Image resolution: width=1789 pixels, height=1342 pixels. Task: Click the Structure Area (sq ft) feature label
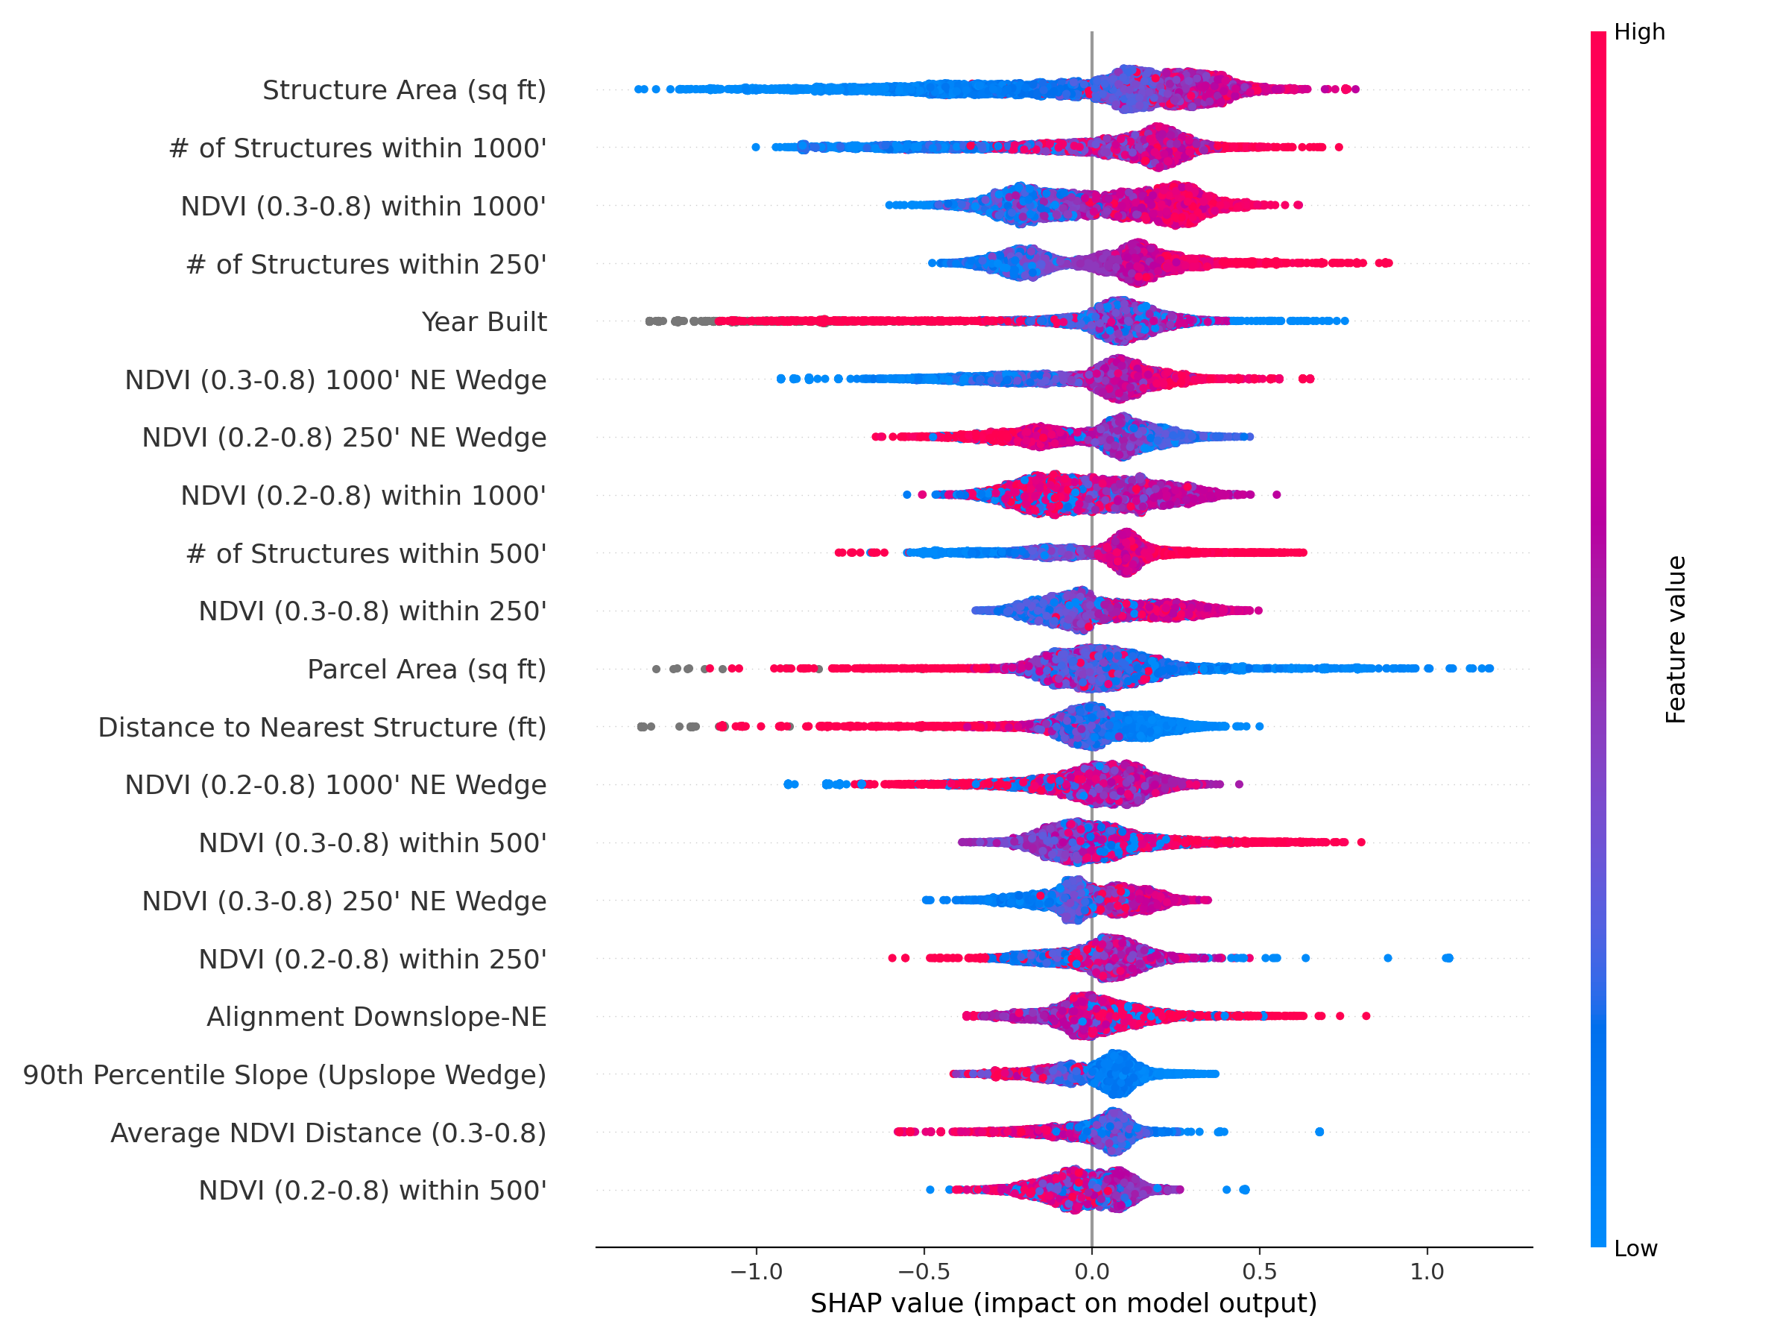tap(403, 89)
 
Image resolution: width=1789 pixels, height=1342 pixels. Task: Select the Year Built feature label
tap(484, 322)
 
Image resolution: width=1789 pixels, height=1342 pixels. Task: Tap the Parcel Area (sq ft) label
tap(426, 670)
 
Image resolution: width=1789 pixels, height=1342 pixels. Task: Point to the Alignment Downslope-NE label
tap(376, 1017)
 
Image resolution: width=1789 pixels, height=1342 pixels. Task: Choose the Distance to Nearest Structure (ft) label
tap(322, 727)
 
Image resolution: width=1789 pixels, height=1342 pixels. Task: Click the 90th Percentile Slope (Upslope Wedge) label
tap(285, 1075)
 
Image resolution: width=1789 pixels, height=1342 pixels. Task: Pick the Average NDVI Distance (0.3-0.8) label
tap(329, 1133)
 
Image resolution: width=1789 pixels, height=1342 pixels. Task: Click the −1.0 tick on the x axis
tap(756, 1273)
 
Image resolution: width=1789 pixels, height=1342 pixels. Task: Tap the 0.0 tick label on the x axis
tap(1092, 1273)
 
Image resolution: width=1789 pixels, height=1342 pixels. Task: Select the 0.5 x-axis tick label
tap(1259, 1273)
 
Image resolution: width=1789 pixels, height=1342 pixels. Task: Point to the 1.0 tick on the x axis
tap(1427, 1273)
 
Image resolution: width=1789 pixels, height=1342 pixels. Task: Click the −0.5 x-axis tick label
tap(924, 1273)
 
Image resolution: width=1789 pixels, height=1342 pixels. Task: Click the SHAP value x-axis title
tap(1064, 1304)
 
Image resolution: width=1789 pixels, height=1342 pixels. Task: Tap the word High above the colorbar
tap(1638, 32)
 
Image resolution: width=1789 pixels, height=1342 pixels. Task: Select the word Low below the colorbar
tap(1635, 1249)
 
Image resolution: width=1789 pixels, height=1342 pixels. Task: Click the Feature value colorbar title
tap(1676, 639)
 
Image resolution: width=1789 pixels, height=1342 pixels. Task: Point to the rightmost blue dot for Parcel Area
tap(1489, 669)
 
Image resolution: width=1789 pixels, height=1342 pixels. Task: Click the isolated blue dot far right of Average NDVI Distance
tap(1319, 1132)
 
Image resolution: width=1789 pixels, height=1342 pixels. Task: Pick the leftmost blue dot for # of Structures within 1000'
tap(755, 147)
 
